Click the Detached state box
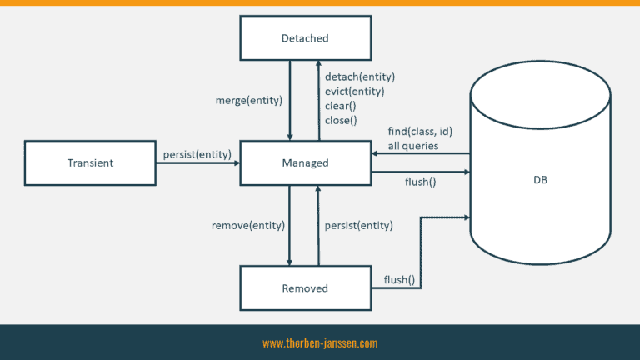305,38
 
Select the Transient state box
90,162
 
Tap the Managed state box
305,162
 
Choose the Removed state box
305,288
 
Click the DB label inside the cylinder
540,180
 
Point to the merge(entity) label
249,100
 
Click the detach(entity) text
360,77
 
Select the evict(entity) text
355,91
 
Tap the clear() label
340,106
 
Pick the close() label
341,120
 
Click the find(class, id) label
420,132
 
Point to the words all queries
413,146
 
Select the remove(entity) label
248,225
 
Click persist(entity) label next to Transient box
197,154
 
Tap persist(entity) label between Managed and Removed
359,225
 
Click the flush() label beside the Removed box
399,280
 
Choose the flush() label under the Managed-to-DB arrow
420,182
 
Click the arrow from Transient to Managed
198,163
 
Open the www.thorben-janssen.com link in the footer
320,343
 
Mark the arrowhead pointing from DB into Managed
374,153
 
